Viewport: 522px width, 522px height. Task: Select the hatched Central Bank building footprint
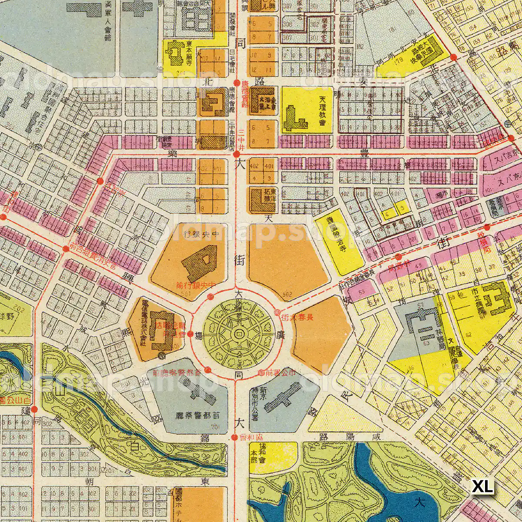coord(199,262)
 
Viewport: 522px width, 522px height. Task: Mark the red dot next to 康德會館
coord(236,82)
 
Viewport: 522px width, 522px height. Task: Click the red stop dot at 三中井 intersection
coord(236,154)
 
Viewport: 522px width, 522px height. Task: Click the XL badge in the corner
coord(483,487)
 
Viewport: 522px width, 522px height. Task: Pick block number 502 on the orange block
coord(287,295)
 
